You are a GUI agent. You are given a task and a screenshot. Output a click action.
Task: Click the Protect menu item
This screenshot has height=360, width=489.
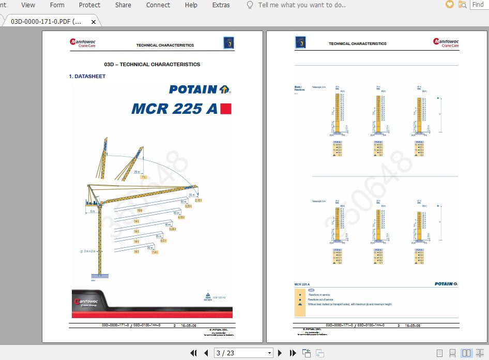point(89,5)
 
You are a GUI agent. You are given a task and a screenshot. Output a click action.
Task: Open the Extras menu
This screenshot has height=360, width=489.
point(221,5)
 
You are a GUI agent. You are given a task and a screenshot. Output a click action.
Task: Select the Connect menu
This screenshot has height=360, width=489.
point(158,5)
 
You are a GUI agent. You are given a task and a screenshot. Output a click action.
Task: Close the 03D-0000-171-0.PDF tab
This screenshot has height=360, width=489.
point(94,22)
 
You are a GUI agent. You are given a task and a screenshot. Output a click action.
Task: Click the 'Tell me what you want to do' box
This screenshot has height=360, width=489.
point(302,5)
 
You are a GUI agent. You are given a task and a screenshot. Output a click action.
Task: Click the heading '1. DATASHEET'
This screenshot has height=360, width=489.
point(87,76)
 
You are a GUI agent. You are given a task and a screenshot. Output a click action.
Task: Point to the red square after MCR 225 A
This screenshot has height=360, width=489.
point(226,109)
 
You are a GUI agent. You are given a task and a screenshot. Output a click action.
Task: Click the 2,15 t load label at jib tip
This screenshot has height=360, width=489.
point(198,200)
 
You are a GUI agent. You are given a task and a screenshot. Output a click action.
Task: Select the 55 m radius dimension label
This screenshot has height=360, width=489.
point(191,194)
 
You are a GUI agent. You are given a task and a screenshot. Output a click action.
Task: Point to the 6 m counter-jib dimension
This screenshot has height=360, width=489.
point(93,211)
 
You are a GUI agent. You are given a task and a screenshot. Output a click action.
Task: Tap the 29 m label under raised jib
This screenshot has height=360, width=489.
point(136,172)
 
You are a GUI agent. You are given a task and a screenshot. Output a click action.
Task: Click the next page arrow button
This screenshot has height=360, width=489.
point(280,353)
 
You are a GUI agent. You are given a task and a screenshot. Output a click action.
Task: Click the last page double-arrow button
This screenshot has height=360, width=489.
point(293,353)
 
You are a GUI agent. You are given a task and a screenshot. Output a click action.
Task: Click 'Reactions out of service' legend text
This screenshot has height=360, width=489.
point(320,299)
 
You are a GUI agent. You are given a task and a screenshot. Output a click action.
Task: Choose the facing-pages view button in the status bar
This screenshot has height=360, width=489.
point(467,353)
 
